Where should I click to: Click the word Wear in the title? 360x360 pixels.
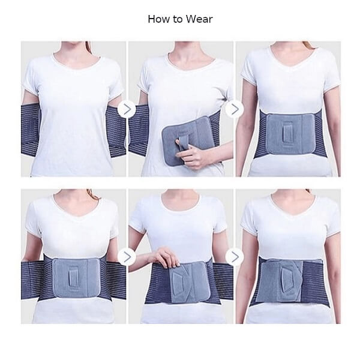[199, 19]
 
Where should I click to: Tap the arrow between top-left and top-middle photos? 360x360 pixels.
[127, 109]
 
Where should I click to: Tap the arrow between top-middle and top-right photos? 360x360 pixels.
[235, 109]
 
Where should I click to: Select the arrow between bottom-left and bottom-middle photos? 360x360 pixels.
[127, 256]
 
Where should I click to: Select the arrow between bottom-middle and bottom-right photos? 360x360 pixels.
[235, 256]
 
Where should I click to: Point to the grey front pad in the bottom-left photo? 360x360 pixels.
[76, 278]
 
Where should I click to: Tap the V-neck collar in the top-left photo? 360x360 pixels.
[77, 60]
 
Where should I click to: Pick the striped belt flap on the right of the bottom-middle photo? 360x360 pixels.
[223, 282]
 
